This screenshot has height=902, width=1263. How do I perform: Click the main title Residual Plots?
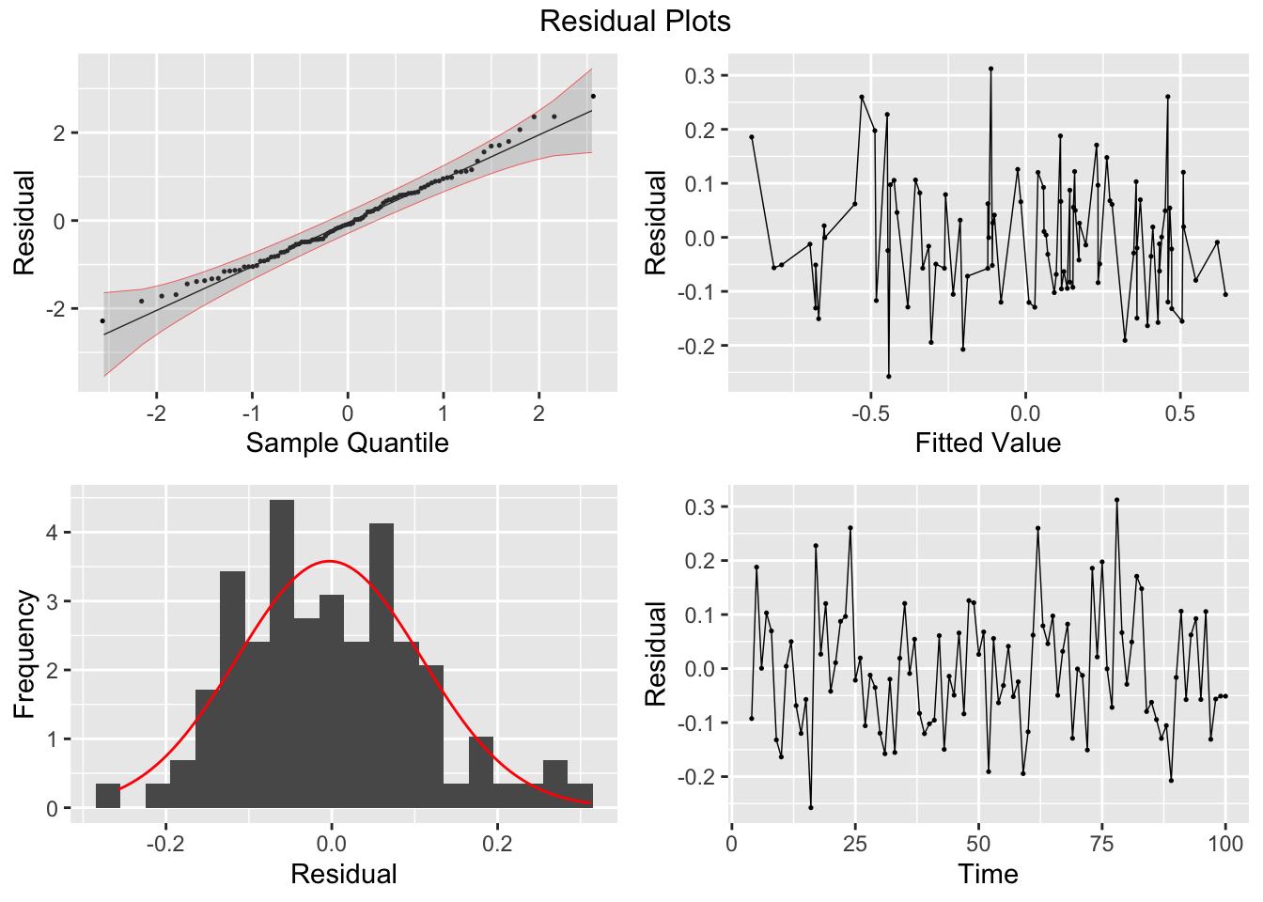[x=634, y=21]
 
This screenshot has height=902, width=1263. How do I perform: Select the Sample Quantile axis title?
[x=347, y=443]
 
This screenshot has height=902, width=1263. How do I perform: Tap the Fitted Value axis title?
[x=988, y=443]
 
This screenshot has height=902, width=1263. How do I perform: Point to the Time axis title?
[x=988, y=874]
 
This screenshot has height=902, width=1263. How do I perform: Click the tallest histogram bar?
[x=282, y=653]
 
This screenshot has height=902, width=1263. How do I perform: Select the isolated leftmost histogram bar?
[x=108, y=796]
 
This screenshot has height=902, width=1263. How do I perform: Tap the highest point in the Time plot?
[x=1116, y=500]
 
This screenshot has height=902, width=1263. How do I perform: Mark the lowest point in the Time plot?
[x=811, y=807]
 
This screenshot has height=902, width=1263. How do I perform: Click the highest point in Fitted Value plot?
[x=990, y=69]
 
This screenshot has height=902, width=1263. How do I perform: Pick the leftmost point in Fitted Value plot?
[x=752, y=137]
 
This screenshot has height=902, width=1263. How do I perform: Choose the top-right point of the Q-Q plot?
[x=593, y=96]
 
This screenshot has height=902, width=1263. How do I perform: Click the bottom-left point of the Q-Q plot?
[x=103, y=321]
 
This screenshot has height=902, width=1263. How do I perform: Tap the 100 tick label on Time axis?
[x=1225, y=843]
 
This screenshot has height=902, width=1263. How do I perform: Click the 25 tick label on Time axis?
[x=855, y=843]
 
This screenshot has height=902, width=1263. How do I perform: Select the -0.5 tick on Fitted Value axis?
[x=870, y=412]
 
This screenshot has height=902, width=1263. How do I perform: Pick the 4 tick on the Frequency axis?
[x=53, y=533]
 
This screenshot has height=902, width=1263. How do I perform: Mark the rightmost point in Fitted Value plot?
[x=1225, y=294]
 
